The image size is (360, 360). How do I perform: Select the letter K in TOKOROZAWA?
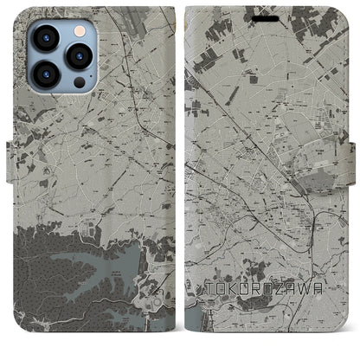(x=233, y=307)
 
